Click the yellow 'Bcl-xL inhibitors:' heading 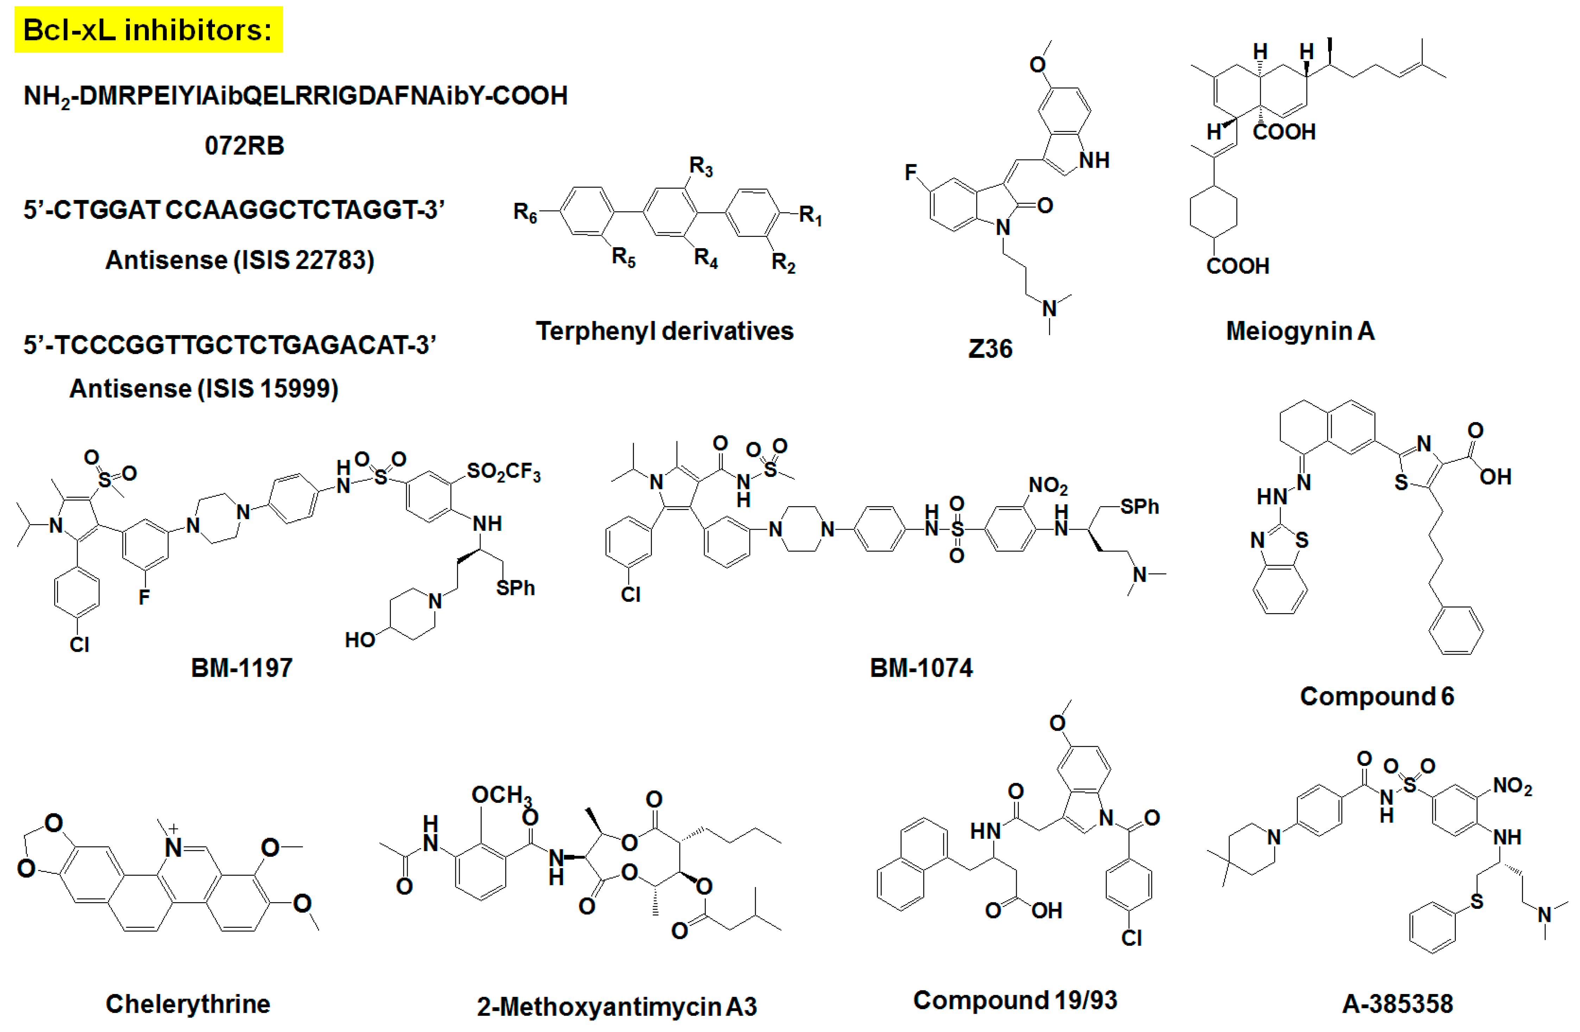(148, 30)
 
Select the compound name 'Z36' (990, 349)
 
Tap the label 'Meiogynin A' (1300, 331)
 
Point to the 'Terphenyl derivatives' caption (665, 331)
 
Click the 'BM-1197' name (242, 667)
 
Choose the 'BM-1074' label (921, 667)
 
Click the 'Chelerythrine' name (188, 1003)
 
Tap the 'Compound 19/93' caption (1015, 1000)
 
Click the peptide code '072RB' (244, 145)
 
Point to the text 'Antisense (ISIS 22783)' (240, 260)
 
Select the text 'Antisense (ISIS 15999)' (204, 389)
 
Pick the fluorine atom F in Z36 (911, 173)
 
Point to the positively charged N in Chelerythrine (173, 847)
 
